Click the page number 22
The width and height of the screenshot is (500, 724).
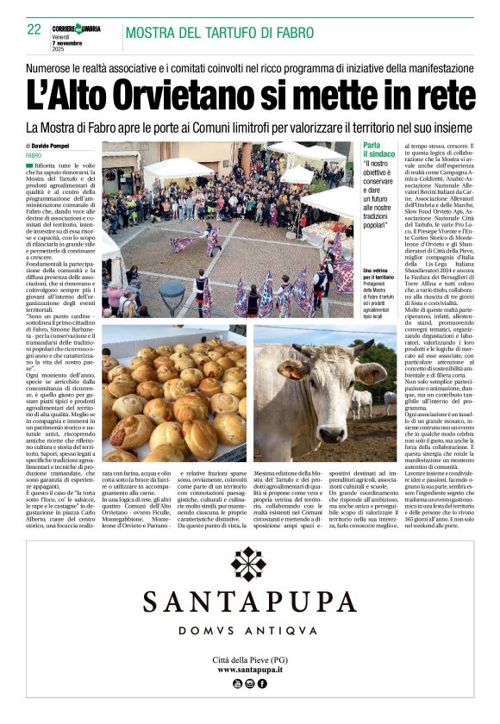coord(34,29)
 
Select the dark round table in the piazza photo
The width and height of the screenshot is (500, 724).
coord(172,294)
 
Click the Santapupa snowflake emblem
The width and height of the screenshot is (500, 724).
coord(249,564)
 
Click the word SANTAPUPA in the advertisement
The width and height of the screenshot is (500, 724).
coord(249,602)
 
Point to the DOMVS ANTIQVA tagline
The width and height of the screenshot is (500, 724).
coord(249,632)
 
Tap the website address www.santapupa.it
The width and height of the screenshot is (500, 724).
coord(249,669)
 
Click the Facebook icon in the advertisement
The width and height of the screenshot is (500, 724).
coord(262,683)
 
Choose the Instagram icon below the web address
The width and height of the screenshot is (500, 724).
coord(250,683)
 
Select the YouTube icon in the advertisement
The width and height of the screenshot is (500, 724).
coord(238,683)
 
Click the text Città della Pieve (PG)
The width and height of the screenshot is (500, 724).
coord(249,658)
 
